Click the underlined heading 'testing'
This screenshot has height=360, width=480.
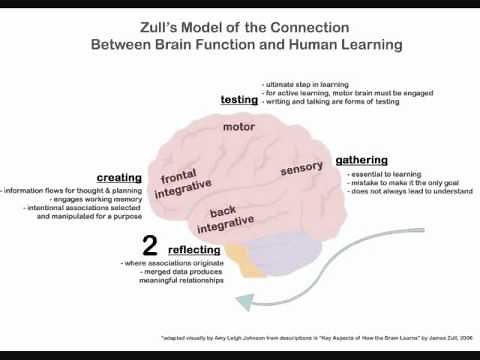239,100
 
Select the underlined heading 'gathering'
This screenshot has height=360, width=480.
361,159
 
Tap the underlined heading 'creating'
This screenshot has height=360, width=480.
118,178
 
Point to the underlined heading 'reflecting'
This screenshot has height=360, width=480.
194,249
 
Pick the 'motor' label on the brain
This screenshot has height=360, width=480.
239,127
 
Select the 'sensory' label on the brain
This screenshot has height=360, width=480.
301,169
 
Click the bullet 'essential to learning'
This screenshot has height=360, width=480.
382,174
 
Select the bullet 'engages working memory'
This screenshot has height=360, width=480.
71,199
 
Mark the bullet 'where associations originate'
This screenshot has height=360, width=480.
171,263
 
